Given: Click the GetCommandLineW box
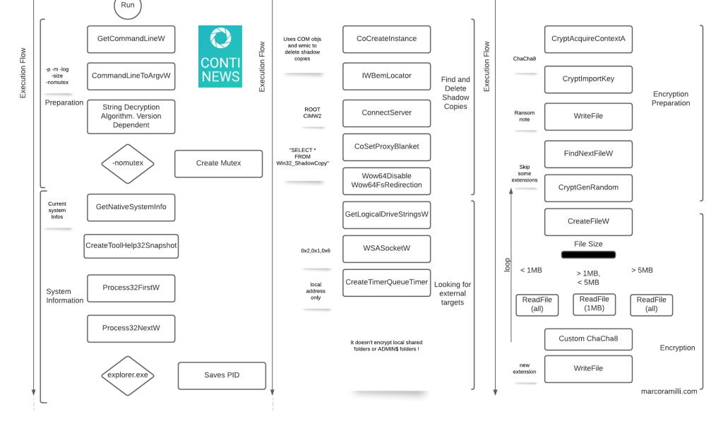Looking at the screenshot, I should pyautogui.click(x=131, y=39).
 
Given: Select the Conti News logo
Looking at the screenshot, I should pyautogui.click(x=220, y=57).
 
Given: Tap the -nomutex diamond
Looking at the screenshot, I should pyautogui.click(x=128, y=163).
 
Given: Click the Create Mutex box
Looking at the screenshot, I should pyautogui.click(x=218, y=163).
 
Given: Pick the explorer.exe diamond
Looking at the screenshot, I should pyautogui.click(x=128, y=375).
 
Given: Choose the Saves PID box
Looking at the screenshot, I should pyautogui.click(x=222, y=375).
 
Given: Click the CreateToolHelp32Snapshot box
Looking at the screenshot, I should pyautogui.click(x=131, y=245).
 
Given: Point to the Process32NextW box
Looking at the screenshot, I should pyautogui.click(x=131, y=328).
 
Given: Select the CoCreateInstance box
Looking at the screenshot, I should pyautogui.click(x=386, y=39).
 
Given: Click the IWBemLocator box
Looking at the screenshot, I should pyautogui.click(x=386, y=76).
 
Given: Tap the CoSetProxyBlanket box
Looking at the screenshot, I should pyautogui.click(x=386, y=146).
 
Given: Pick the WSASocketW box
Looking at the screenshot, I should pyautogui.click(x=386, y=249).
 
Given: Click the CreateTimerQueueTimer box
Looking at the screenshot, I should pyautogui.click(x=386, y=282).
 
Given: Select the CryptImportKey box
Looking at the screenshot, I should pyautogui.click(x=587, y=79).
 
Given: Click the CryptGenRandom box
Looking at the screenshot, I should pyautogui.click(x=587, y=187).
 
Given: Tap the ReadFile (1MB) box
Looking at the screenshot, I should pyautogui.click(x=594, y=304).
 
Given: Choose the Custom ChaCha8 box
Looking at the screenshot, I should pyautogui.click(x=587, y=338).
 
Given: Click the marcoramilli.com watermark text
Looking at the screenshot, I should pyautogui.click(x=669, y=391).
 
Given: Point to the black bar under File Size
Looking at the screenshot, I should pyautogui.click(x=587, y=254).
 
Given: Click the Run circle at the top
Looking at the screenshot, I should pyautogui.click(x=128, y=6).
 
